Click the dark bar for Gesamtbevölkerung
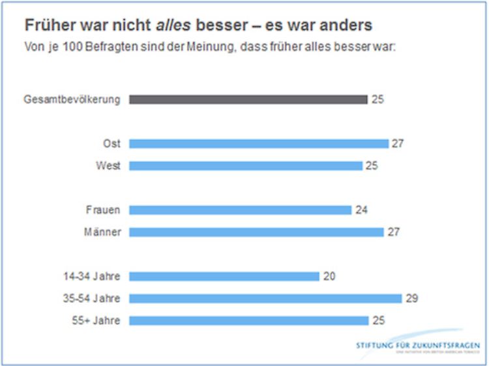tap(248, 100)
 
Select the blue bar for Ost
tap(258, 144)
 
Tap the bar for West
tap(245, 166)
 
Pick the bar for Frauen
tap(240, 210)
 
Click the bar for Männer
tap(256, 232)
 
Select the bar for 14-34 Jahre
tap(224, 276)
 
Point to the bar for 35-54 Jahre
tap(265, 298)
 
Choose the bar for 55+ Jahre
tap(248, 320)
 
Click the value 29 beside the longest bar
tap(411, 298)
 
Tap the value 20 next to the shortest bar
tap(329, 276)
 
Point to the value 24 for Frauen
tap(361, 210)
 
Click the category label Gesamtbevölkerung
tap(72, 100)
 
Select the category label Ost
tap(111, 144)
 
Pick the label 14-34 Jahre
tap(93, 276)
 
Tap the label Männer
tap(103, 232)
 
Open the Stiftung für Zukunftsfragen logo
tap(418, 345)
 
